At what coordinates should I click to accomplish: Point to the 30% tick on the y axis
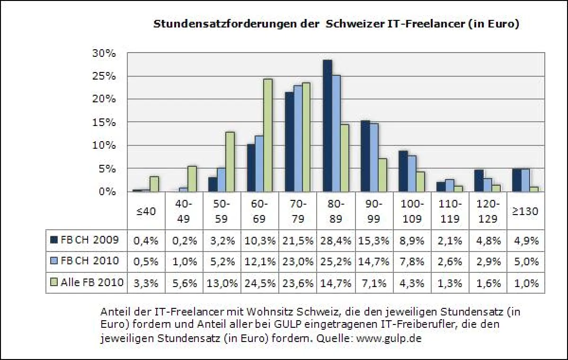point(104,53)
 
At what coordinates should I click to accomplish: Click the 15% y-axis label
point(104,122)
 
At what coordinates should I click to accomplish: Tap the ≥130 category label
point(525,211)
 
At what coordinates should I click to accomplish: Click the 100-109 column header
point(411,211)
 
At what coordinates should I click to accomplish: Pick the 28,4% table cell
point(336,240)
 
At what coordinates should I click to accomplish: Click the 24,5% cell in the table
point(260,283)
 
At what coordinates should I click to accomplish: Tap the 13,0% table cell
point(222,283)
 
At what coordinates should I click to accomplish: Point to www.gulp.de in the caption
point(389,339)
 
